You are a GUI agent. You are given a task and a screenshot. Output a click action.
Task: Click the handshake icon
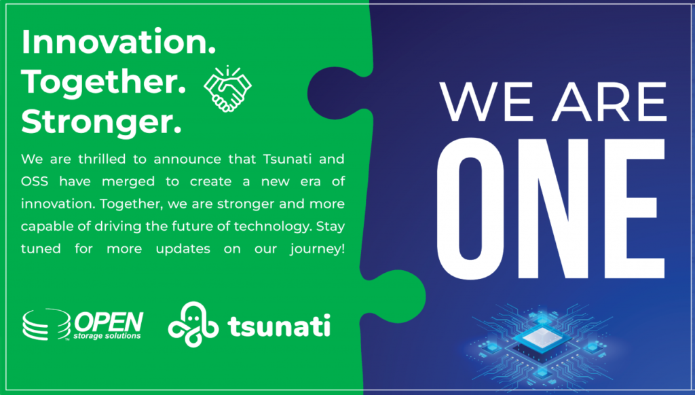click(x=227, y=89)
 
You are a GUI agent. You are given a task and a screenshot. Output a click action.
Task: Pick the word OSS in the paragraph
click(x=35, y=181)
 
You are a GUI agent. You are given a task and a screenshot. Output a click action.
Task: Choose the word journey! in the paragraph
click(x=318, y=249)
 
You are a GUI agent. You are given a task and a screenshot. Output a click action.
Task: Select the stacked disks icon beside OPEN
click(x=47, y=324)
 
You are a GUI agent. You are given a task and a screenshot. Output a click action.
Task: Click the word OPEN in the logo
click(x=109, y=322)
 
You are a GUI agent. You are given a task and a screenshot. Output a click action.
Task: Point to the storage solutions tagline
click(x=107, y=336)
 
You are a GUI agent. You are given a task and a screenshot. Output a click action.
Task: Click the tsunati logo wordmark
click(x=279, y=326)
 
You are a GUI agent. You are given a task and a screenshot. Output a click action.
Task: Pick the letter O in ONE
click(x=471, y=208)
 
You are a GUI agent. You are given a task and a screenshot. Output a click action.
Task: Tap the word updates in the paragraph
click(x=183, y=249)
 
